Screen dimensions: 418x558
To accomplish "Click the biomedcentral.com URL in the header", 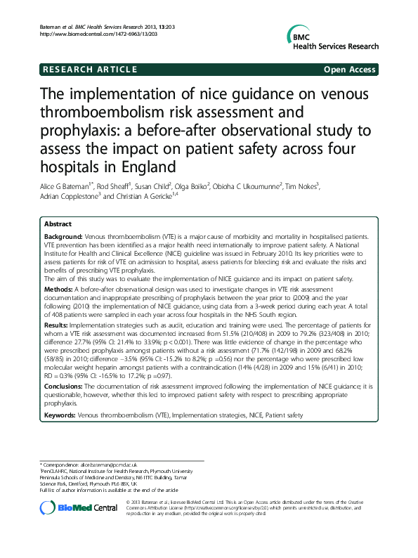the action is [88, 34].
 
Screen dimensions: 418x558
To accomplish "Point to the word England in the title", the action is [140, 167].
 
